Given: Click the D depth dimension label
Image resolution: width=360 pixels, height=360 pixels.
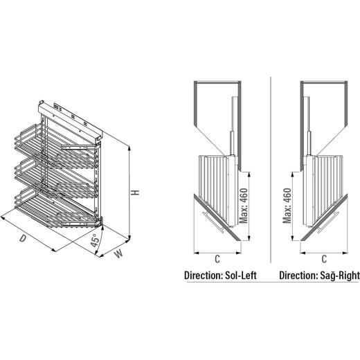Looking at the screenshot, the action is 22,238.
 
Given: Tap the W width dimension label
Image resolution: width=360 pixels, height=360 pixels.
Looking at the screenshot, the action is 118,254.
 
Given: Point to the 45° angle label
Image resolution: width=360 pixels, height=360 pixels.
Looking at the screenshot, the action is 95,240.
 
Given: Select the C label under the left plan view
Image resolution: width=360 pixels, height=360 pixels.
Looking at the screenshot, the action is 217,259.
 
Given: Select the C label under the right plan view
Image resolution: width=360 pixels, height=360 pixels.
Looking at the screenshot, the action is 324,259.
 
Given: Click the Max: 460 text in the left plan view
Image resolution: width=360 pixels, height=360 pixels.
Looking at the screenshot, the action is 244,206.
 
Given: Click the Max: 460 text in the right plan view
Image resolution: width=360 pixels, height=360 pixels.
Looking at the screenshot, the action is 287,206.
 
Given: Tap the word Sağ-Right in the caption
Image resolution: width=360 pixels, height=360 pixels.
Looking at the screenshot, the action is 340,276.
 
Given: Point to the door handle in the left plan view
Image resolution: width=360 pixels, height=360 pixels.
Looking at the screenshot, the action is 213,222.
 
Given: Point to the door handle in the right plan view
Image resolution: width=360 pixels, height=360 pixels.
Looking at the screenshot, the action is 328,222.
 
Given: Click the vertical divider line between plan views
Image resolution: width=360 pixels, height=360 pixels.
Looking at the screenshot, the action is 271,170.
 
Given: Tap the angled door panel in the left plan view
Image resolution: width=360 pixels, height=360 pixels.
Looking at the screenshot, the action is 217,217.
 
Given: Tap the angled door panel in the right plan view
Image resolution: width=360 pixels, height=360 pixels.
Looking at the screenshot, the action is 324,217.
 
